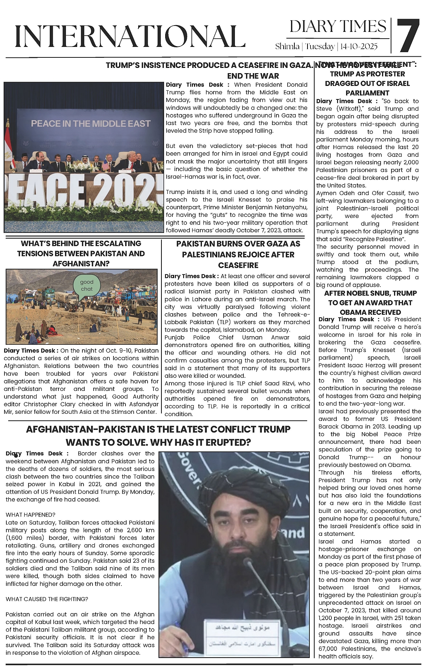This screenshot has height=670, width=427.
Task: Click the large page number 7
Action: (408, 36)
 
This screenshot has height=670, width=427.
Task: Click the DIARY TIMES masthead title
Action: (337, 27)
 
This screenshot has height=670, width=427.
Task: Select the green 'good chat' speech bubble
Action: (87, 285)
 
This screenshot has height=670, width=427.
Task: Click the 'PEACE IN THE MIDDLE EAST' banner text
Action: (91, 123)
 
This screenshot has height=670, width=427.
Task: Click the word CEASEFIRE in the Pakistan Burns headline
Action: (238, 265)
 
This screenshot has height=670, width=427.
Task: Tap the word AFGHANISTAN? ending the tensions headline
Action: (81, 264)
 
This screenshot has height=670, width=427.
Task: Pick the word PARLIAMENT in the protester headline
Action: (367, 93)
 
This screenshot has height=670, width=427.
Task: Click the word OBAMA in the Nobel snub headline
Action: (353, 312)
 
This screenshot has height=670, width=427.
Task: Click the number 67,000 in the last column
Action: (329, 649)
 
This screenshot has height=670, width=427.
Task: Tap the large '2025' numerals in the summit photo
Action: (127, 192)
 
